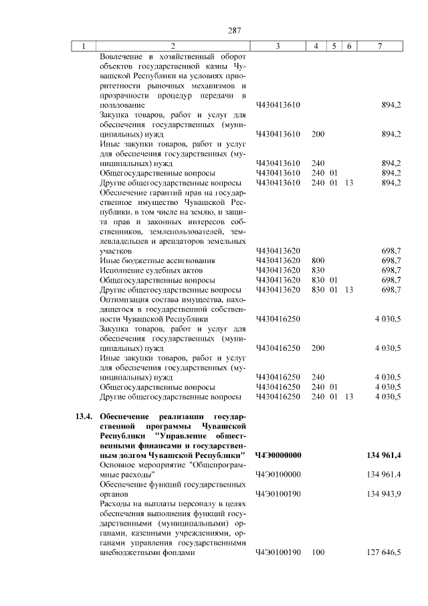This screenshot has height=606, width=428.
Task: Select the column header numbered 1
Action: coord(83,46)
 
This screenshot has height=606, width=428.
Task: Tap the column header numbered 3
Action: coord(277,46)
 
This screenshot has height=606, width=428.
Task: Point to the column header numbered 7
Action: coord(380,46)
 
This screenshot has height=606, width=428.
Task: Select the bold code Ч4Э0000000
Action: coord(278,455)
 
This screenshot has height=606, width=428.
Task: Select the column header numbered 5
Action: coord(333,46)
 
